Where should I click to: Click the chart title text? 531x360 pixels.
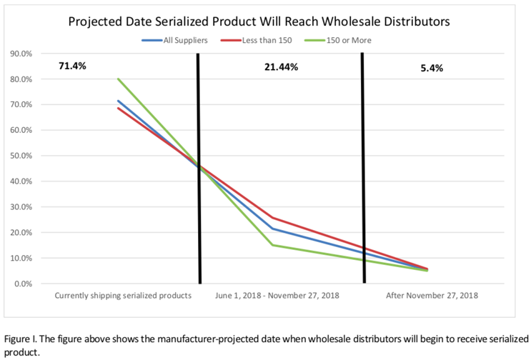click(259, 21)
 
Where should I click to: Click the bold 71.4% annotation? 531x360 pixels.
click(72, 66)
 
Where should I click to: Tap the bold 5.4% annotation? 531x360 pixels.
click(432, 69)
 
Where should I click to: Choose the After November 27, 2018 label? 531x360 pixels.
click(432, 295)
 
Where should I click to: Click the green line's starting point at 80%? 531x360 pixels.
click(118, 79)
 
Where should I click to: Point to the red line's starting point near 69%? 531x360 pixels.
click(118, 108)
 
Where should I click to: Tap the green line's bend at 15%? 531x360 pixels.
click(272, 245)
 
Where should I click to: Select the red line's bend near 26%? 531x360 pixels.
click(272, 218)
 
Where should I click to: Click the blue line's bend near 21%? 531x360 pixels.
click(272, 229)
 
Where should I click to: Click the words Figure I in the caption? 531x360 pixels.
click(21, 339)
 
